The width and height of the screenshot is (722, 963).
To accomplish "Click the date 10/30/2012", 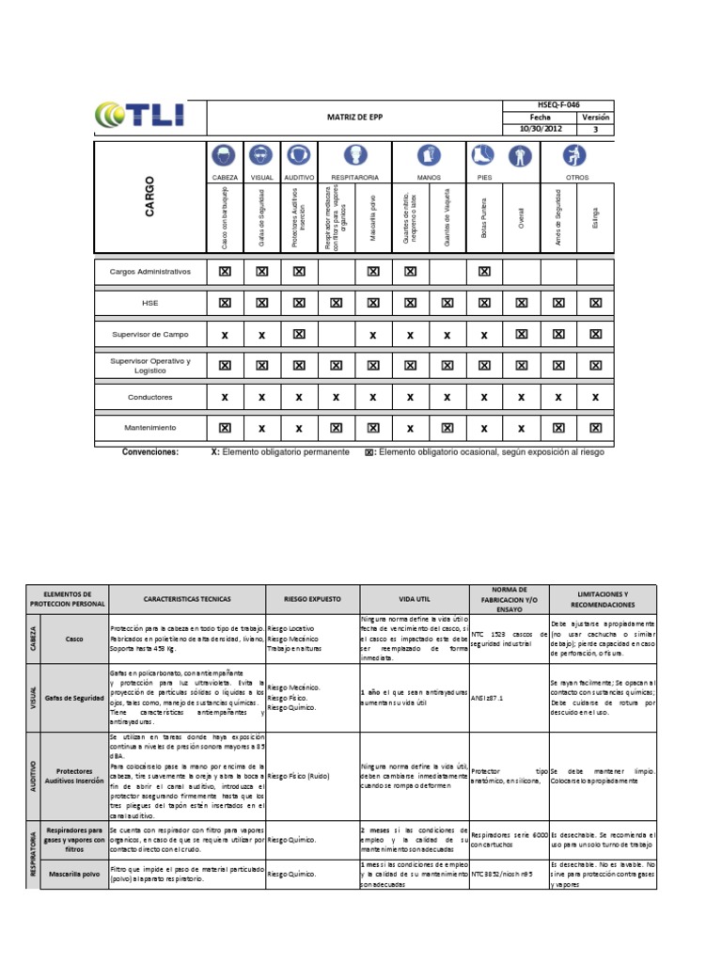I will (540, 130).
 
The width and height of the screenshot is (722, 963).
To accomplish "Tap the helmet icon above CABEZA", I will (225, 155).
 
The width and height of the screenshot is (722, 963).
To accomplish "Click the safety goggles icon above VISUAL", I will (261, 155).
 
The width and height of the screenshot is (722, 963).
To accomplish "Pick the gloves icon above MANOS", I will (428, 155).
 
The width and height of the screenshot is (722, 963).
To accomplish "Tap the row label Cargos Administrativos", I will (150, 271).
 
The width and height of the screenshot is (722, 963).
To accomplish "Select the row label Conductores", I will (150, 397).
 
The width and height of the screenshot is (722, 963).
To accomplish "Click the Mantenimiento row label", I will (150, 428).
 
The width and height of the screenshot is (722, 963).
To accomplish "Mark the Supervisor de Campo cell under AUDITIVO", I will (299, 334).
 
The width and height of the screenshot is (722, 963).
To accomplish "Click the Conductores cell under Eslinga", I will (595, 397).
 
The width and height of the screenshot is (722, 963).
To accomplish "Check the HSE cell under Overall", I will (521, 303).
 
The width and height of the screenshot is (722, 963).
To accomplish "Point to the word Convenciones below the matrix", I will (150, 451).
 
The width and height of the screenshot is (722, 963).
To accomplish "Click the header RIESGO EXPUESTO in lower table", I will (312, 597).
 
